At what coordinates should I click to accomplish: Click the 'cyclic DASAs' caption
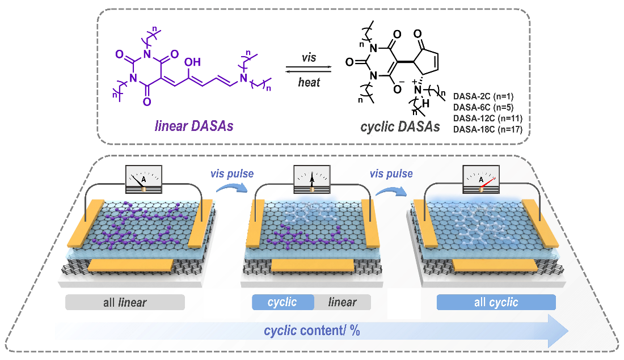400,128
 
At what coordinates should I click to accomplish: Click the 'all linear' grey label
125,303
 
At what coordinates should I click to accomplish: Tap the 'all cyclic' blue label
496,303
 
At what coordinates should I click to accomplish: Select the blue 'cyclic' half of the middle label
283,302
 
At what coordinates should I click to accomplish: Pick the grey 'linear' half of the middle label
342,302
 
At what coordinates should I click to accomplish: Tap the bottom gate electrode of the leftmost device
131,265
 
